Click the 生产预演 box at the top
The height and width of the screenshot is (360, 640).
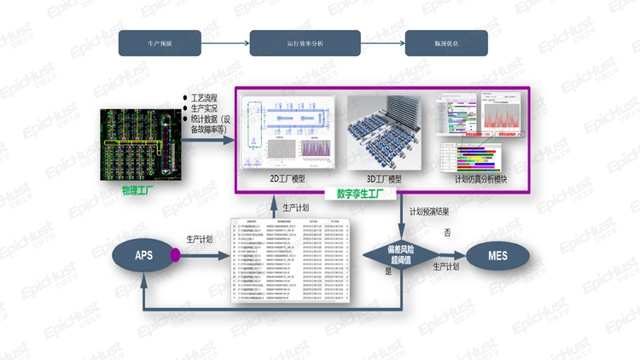[x=159, y=43]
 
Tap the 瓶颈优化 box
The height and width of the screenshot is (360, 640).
[x=446, y=43]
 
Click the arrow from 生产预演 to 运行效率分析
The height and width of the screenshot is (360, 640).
[x=224, y=43]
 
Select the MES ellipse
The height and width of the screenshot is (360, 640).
[x=497, y=254]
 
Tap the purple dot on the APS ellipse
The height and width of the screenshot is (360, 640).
[x=175, y=254]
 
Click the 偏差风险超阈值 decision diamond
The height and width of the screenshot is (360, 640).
[x=401, y=254]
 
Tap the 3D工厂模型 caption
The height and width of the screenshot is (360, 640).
[x=384, y=179]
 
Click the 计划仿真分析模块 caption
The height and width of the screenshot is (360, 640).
[x=481, y=179]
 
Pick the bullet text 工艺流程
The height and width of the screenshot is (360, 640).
[x=205, y=98]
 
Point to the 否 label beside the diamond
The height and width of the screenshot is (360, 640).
[x=447, y=232]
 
